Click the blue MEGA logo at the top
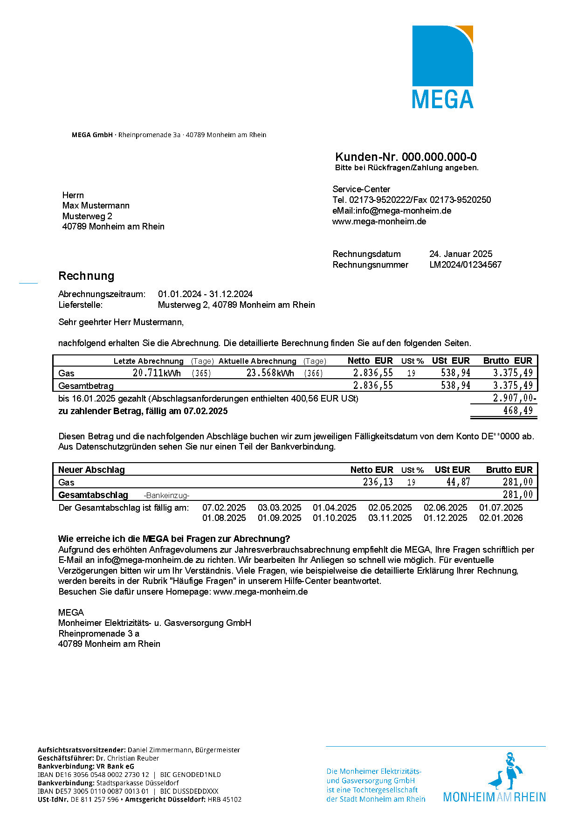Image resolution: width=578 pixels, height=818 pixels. click(442, 67)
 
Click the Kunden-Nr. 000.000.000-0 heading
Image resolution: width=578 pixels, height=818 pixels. click(406, 157)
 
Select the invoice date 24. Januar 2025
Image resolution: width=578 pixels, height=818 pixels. click(461, 254)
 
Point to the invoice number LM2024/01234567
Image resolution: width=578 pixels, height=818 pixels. click(465, 265)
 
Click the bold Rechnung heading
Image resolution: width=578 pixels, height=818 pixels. click(86, 276)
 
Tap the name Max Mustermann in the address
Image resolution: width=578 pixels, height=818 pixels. click(96, 206)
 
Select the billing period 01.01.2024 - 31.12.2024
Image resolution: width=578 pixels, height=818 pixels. click(205, 294)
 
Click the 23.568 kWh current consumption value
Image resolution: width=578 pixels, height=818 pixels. click(270, 373)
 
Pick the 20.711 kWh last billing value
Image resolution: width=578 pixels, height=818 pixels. click(157, 373)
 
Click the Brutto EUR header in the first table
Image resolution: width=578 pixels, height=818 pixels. click(507, 361)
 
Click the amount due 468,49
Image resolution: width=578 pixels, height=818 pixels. click(517, 411)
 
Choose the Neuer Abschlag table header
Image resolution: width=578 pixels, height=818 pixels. click(91, 470)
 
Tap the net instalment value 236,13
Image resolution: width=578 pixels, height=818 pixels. click(378, 482)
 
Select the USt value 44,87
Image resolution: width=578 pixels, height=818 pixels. click(458, 482)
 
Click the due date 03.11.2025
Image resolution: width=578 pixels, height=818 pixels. click(390, 518)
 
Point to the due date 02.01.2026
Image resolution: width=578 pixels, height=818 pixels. click(501, 518)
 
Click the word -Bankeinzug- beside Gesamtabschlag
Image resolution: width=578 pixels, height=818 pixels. click(166, 495)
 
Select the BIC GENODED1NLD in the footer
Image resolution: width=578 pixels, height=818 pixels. click(191, 775)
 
